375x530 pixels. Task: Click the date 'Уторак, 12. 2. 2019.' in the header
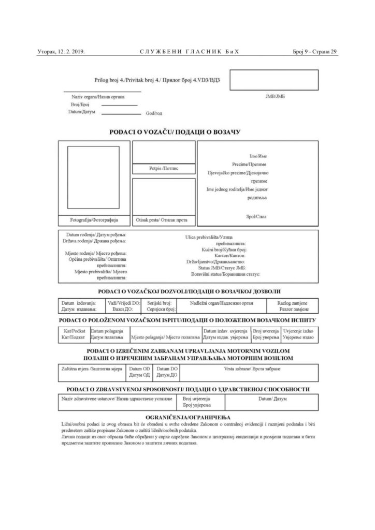coord(61,51)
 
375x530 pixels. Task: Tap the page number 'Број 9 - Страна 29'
coord(315,51)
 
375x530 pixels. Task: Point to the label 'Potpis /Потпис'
coord(163,169)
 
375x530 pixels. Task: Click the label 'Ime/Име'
coord(258,156)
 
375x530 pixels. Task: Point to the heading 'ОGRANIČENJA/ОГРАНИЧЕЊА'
coord(188,417)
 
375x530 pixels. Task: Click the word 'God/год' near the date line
coord(154,113)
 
